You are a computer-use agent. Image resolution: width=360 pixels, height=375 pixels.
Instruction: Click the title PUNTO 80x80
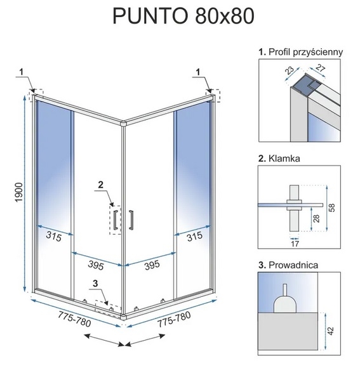(183, 16)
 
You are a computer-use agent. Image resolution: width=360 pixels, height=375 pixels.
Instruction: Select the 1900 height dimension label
(18, 192)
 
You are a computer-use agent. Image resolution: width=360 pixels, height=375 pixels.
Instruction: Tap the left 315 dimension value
(53, 237)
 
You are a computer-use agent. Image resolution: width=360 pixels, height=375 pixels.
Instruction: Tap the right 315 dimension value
(194, 237)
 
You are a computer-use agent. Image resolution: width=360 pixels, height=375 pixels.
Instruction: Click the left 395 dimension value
(96, 265)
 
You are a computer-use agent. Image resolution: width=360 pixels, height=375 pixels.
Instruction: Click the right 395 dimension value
(152, 265)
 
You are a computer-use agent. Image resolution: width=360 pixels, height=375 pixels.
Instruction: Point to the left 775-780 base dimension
(74, 319)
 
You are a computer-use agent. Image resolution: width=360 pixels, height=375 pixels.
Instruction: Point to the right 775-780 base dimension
(174, 319)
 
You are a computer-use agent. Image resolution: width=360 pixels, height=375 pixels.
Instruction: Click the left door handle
(116, 220)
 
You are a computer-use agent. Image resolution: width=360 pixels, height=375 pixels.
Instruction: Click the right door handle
(131, 220)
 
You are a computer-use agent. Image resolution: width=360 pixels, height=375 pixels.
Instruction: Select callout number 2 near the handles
(101, 185)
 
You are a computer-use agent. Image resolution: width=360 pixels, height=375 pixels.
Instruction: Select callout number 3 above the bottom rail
(95, 284)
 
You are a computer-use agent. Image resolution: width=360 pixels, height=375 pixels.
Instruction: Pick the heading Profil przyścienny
(305, 52)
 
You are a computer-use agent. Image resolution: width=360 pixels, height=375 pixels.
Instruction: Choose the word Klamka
(284, 159)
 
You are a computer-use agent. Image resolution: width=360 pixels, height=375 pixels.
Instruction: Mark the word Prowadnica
(293, 265)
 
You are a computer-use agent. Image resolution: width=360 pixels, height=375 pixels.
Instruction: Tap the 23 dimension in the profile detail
(290, 70)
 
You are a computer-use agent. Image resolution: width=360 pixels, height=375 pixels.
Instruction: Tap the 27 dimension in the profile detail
(320, 69)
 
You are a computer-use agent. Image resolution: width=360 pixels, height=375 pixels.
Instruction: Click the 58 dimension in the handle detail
(332, 207)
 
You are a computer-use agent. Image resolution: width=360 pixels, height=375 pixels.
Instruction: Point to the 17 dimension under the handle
(295, 244)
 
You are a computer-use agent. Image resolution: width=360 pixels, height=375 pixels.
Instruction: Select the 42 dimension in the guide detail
(331, 331)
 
